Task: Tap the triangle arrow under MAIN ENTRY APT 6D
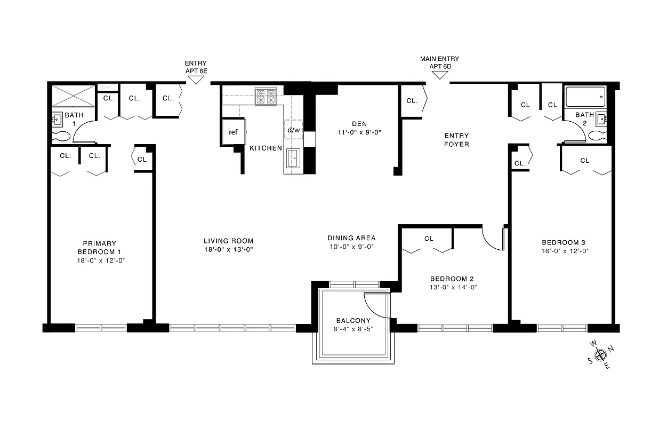[x=439, y=75]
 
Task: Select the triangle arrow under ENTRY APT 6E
[x=196, y=79]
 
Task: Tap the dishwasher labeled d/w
[x=293, y=130]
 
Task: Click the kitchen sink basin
[x=293, y=158]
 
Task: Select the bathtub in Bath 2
[x=585, y=97]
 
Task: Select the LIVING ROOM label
[x=228, y=241]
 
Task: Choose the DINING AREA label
[x=351, y=238]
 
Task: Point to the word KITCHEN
[x=266, y=148]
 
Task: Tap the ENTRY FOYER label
[x=456, y=140]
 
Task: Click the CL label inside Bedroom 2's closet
[x=429, y=239]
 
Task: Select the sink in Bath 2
[x=601, y=119]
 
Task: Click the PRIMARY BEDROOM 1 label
[x=97, y=248]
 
